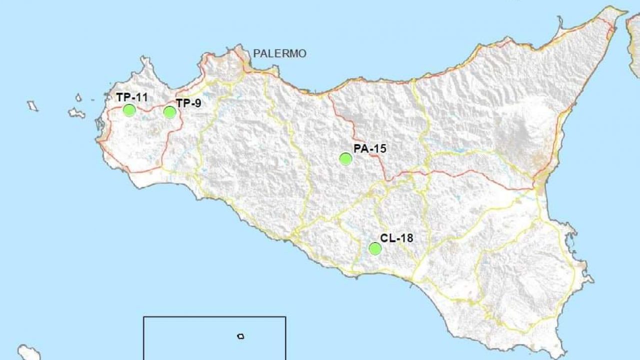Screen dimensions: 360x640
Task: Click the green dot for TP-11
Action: point(129,110)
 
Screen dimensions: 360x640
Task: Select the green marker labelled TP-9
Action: point(170,112)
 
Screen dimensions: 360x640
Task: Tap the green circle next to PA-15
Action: point(345,159)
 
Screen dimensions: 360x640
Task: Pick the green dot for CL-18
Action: point(375,248)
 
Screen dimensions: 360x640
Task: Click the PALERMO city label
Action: point(279,53)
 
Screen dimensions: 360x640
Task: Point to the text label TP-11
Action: point(132,97)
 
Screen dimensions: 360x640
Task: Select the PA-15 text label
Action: point(369,148)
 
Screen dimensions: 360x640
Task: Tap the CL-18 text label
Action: point(396,238)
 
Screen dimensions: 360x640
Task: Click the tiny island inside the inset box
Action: point(241,336)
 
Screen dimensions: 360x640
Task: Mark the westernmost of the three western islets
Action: point(32,105)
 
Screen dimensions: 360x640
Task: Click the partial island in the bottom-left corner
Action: point(29,352)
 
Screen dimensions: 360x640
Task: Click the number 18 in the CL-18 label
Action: point(406,238)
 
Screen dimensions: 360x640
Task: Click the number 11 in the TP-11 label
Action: point(141,97)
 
